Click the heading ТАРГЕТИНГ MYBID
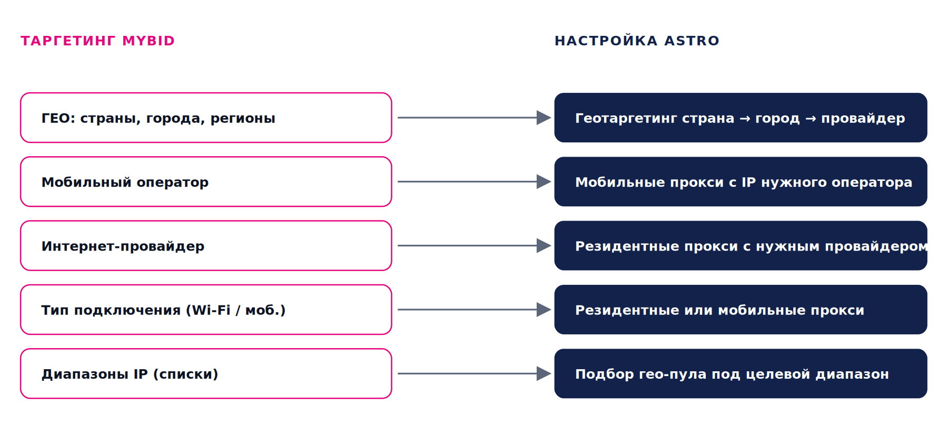pyautogui.click(x=97, y=41)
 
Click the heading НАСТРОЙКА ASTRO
pyautogui.click(x=637, y=41)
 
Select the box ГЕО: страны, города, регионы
pyautogui.click(x=206, y=118)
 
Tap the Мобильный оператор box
pyautogui.click(x=206, y=181)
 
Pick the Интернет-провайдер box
pyautogui.click(x=206, y=246)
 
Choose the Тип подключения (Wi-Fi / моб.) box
pyautogui.click(x=206, y=310)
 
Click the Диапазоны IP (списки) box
pyautogui.click(x=206, y=373)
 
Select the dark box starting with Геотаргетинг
pyautogui.click(x=740, y=118)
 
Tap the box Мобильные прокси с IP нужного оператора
pyautogui.click(x=740, y=181)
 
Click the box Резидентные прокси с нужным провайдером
pyautogui.click(x=740, y=246)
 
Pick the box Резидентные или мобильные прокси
pyautogui.click(x=740, y=310)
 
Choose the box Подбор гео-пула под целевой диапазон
pyautogui.click(x=740, y=373)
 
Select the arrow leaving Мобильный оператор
pyautogui.click(x=474, y=181)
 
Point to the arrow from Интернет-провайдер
pyautogui.click(x=474, y=246)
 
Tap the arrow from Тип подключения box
pyautogui.click(x=474, y=310)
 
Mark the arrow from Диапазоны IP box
pyautogui.click(x=474, y=373)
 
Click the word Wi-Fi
pyautogui.click(x=211, y=310)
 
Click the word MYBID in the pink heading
pyautogui.click(x=149, y=41)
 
